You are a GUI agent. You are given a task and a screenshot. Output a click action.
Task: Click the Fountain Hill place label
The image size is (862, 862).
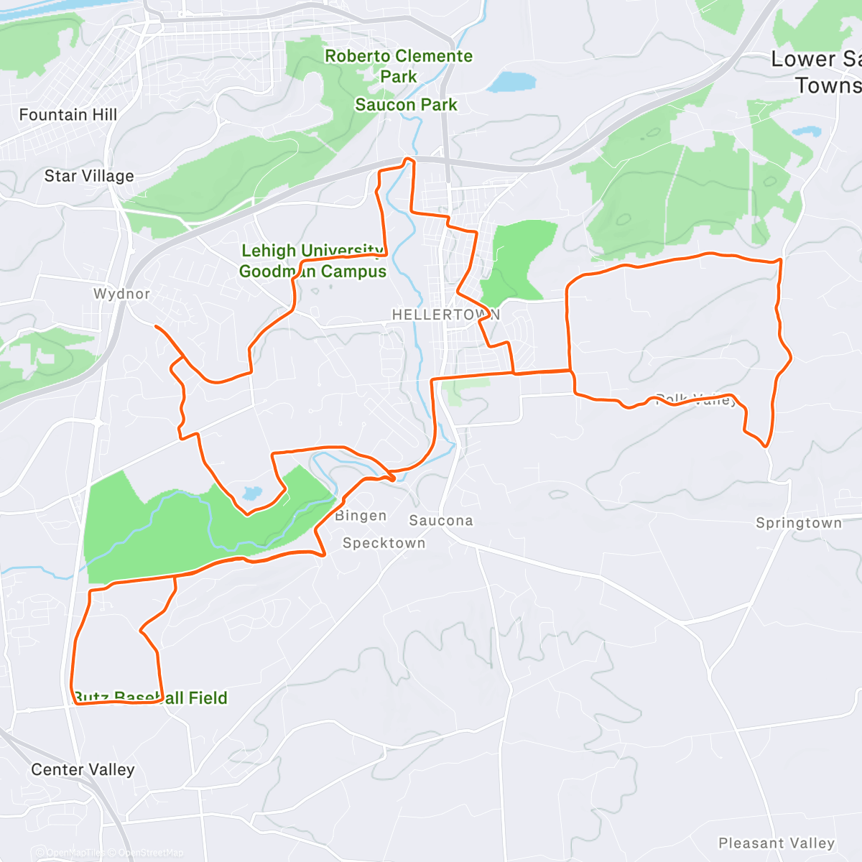(x=68, y=115)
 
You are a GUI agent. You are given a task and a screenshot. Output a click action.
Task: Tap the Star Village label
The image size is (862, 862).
(x=89, y=176)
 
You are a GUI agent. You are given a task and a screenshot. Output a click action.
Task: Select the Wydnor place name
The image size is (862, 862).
(x=121, y=294)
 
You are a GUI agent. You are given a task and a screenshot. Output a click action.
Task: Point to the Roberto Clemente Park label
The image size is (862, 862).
(x=399, y=66)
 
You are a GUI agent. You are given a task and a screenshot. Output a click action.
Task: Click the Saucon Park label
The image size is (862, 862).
(x=406, y=105)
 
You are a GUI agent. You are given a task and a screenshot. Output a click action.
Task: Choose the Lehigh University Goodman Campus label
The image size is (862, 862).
(x=312, y=261)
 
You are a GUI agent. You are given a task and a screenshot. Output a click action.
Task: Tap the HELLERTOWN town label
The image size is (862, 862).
(x=445, y=315)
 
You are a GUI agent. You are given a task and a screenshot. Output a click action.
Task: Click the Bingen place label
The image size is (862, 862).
(x=361, y=516)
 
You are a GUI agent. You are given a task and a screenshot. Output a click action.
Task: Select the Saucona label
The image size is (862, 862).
(x=441, y=521)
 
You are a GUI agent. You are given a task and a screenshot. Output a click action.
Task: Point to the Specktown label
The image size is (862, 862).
(x=384, y=543)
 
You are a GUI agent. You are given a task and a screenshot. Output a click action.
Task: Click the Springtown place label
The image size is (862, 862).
(x=799, y=523)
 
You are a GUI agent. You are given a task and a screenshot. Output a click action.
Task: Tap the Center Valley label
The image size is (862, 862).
(x=83, y=770)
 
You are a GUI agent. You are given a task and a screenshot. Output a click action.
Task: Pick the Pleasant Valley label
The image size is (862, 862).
(x=777, y=843)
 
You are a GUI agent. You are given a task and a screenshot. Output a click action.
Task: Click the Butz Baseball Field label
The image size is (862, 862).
(x=151, y=698)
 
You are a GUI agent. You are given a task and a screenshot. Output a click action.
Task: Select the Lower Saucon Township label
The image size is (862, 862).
(x=819, y=72)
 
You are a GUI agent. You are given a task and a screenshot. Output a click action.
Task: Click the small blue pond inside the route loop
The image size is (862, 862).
(x=252, y=493)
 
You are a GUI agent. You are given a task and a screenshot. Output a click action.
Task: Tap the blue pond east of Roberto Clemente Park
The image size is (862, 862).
(x=511, y=81)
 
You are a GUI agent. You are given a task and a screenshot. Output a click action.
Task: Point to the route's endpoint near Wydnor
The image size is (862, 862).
(x=156, y=327)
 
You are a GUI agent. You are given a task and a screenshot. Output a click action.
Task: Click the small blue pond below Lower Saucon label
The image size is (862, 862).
(x=806, y=131)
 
